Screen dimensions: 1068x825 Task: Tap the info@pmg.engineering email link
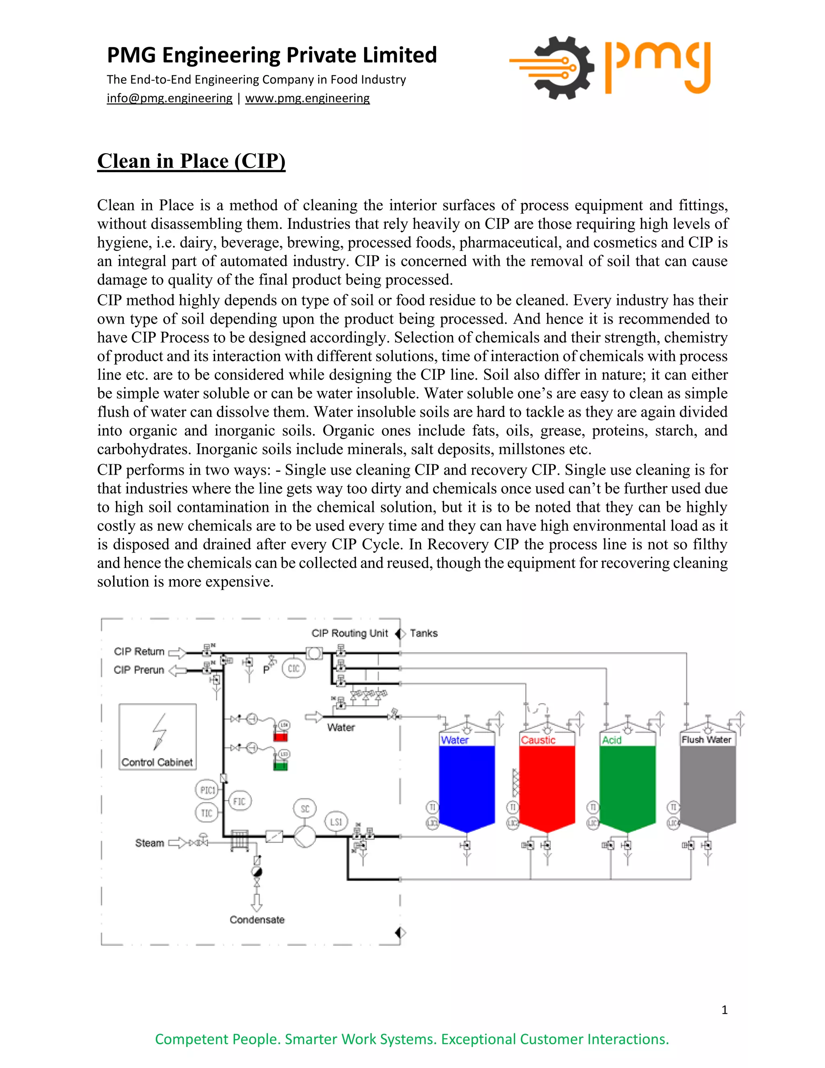(x=169, y=98)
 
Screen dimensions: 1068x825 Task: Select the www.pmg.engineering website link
(x=307, y=98)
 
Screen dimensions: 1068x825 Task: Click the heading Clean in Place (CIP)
(x=191, y=161)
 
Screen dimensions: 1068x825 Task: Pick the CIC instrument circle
(x=293, y=669)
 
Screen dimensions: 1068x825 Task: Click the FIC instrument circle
(x=240, y=802)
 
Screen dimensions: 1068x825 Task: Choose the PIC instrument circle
(x=207, y=790)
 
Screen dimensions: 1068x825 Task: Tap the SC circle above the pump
(x=305, y=809)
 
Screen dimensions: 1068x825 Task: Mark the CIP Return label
(x=139, y=651)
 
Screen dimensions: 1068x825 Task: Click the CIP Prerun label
(x=139, y=670)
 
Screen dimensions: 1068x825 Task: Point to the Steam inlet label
(x=149, y=843)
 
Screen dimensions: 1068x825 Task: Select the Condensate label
(x=257, y=920)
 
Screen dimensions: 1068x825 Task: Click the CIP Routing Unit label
(x=349, y=633)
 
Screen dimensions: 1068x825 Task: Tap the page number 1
(x=724, y=1010)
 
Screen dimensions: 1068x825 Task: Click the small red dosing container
(x=280, y=736)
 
